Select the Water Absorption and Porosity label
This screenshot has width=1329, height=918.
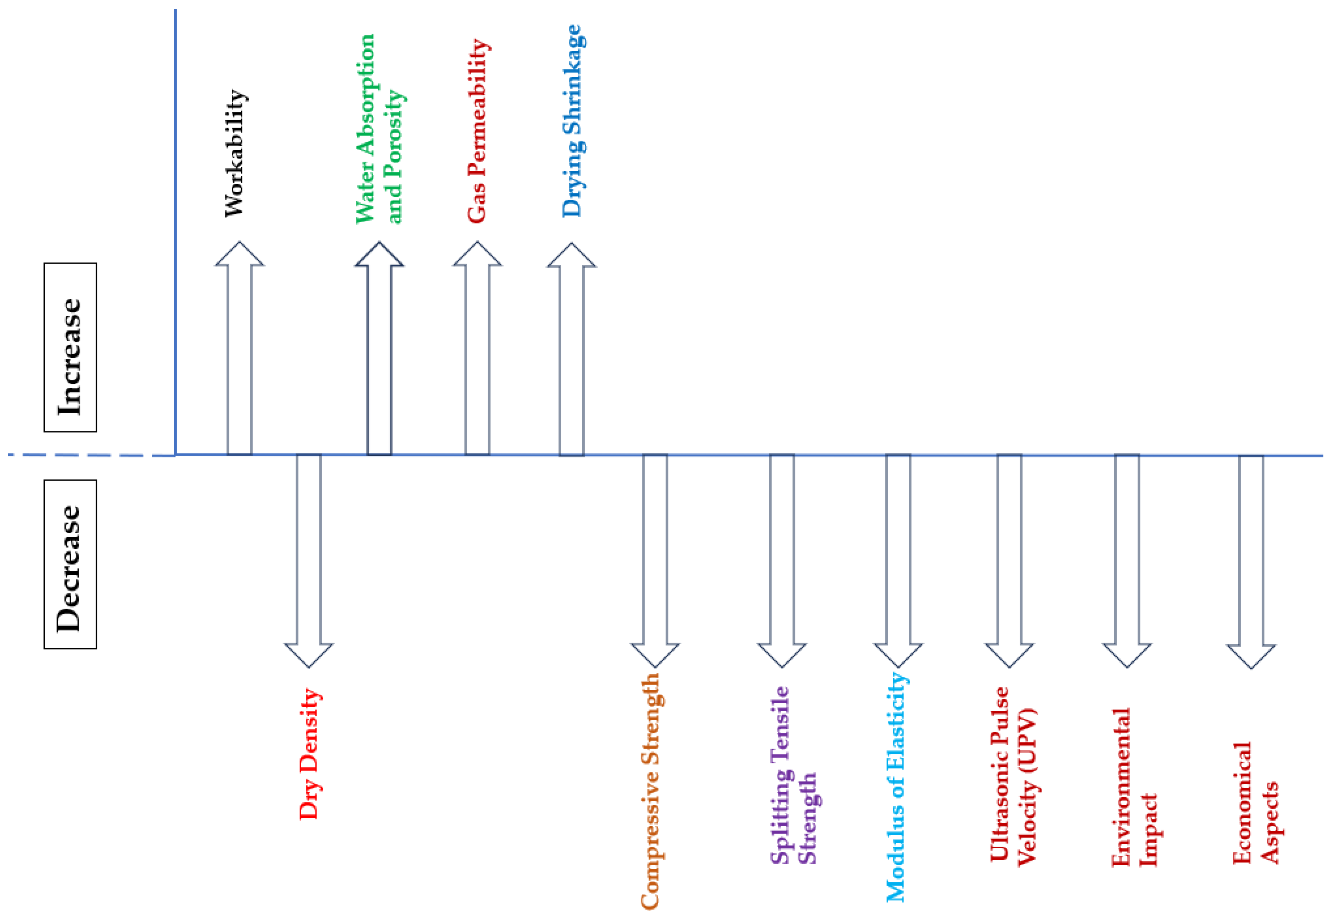379,129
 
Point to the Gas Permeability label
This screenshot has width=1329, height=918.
478,131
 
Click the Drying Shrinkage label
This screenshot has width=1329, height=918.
573,121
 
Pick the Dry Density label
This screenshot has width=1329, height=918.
310,754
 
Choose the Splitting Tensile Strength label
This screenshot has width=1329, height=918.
794,775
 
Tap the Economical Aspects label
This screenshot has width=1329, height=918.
1255,802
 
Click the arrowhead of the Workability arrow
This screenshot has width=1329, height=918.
239,255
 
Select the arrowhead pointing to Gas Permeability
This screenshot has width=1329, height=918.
477,255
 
